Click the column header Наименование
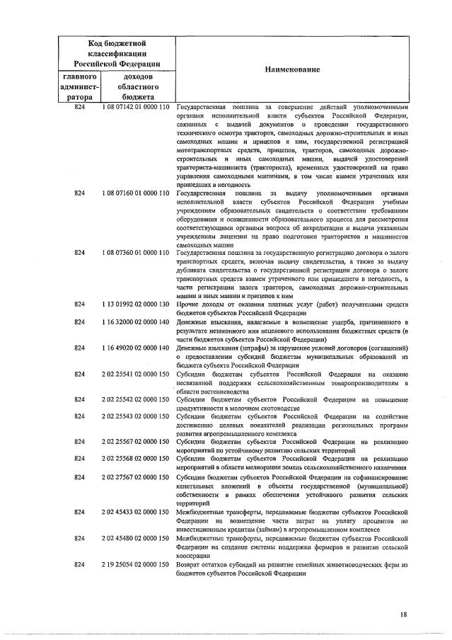tap(292, 69)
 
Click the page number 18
tap(402, 614)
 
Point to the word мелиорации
tap(281, 468)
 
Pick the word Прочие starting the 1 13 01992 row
tap(187, 304)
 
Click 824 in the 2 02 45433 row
tap(79, 511)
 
